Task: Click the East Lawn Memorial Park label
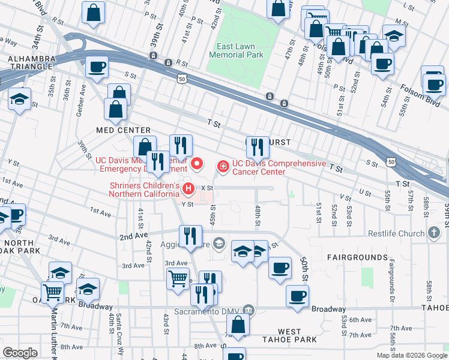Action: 237,50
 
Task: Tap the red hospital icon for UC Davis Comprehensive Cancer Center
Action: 223,164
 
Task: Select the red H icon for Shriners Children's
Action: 189,190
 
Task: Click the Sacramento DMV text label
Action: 210,311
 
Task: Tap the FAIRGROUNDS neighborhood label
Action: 357,257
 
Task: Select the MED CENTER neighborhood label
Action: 124,130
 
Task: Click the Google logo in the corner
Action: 20,353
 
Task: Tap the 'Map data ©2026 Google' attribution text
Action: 412,355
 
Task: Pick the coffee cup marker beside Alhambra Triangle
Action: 96,69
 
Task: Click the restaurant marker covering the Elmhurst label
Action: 257,147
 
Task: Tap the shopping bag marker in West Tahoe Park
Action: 238,325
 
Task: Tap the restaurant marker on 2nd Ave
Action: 191,236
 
